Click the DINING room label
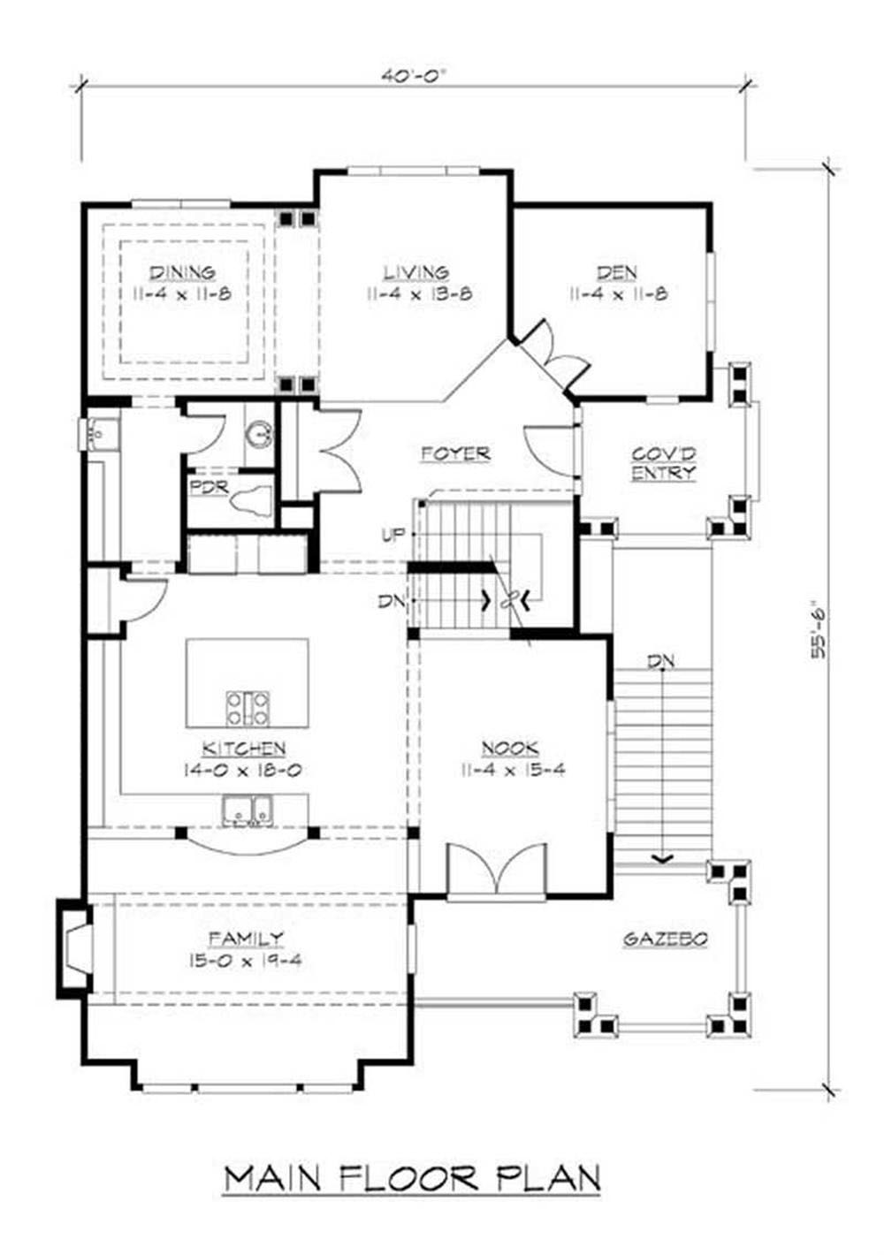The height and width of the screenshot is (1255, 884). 183,273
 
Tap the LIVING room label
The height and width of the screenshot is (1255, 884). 416,273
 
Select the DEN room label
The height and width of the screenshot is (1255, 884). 617,273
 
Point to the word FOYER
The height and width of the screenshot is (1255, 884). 456,453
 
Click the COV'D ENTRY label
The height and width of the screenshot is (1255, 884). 664,463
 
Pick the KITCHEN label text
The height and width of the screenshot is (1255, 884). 244,749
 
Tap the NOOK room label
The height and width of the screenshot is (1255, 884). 511,749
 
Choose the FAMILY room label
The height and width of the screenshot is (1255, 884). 247,938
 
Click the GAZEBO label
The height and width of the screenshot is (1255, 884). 666,939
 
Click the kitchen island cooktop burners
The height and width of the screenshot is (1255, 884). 248,710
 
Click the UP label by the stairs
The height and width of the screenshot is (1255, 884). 393,536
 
